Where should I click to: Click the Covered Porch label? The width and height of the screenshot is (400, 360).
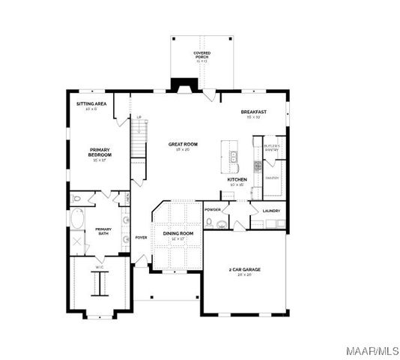pos(201,55)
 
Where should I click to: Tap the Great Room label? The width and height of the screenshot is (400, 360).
pos(183,145)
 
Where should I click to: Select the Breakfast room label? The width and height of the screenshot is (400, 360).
pos(254,114)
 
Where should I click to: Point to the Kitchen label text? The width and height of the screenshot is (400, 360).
pos(237,181)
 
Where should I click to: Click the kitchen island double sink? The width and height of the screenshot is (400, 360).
pos(234,157)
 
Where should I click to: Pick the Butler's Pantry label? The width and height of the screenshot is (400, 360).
pos(271,147)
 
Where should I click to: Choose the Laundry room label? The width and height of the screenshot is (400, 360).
pos(271,211)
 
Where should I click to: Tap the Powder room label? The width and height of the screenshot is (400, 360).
pos(212,210)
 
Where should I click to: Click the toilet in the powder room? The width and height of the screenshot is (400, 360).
pos(210,223)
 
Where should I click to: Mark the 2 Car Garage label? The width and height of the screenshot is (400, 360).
pos(244,271)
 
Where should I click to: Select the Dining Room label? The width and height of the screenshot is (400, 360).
pos(178,235)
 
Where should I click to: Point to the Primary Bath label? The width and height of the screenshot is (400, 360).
pos(103,232)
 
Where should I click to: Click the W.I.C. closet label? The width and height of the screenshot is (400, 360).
pos(98,268)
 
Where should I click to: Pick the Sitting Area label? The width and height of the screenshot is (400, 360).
pos(91,106)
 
